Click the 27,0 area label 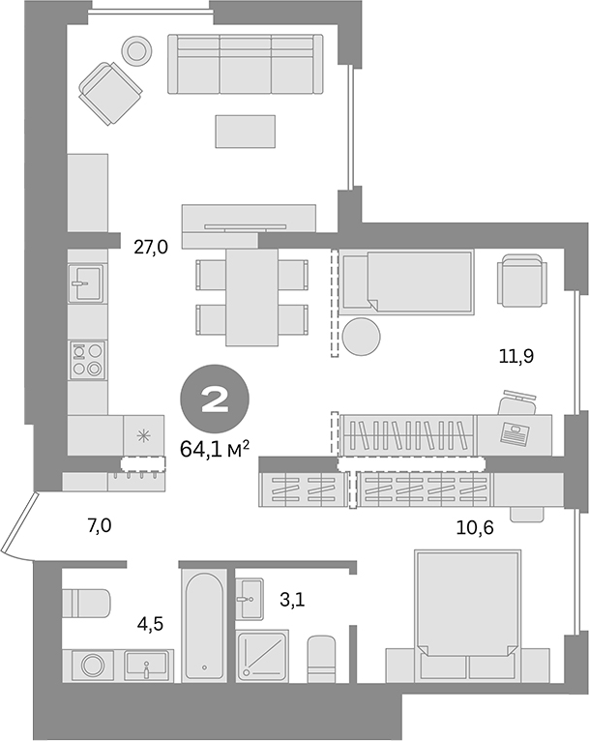pos(151,247)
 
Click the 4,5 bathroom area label pos(149,624)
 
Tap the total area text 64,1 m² pos(216,447)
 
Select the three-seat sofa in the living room pos(245,65)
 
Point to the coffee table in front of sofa pos(246,130)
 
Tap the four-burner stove pos(87,359)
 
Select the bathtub pos(204,625)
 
